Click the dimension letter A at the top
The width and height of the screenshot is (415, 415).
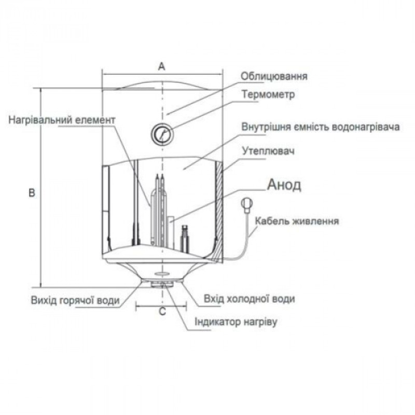[162, 66]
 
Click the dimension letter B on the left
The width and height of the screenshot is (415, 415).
[32, 193]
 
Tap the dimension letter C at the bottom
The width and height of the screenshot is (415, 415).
[162, 312]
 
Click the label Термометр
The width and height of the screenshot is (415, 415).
[268, 95]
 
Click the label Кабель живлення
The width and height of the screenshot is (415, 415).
[297, 221]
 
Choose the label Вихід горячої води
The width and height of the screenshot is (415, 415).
[75, 300]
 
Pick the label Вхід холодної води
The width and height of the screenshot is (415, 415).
[250, 299]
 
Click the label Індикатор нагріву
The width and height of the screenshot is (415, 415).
[237, 322]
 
